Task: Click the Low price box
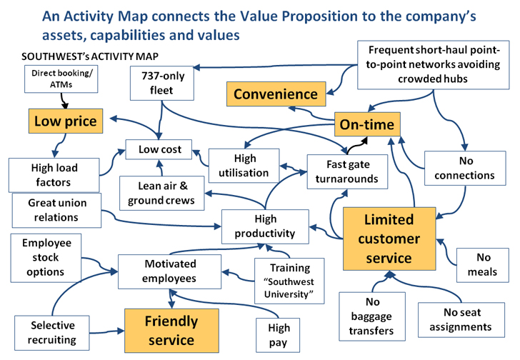tap(65, 121)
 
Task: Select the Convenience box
tap(276, 94)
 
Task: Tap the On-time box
tap(366, 125)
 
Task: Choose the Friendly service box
tap(171, 330)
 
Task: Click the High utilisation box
tap(240, 164)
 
